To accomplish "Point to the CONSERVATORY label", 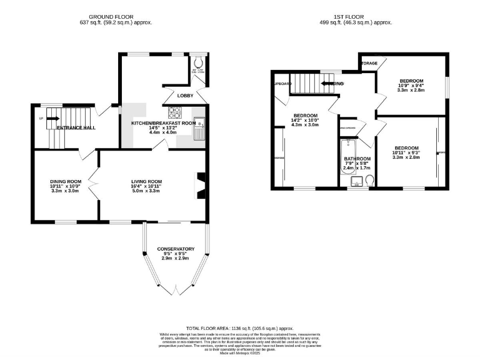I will [x=176, y=249].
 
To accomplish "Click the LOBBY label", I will [x=186, y=96].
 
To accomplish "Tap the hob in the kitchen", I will [x=174, y=113].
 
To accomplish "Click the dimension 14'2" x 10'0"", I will [x=306, y=120].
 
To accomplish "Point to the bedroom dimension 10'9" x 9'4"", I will [x=412, y=86].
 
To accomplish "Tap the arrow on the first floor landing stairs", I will [x=327, y=83].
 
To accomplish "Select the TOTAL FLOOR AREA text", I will [x=239, y=328].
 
